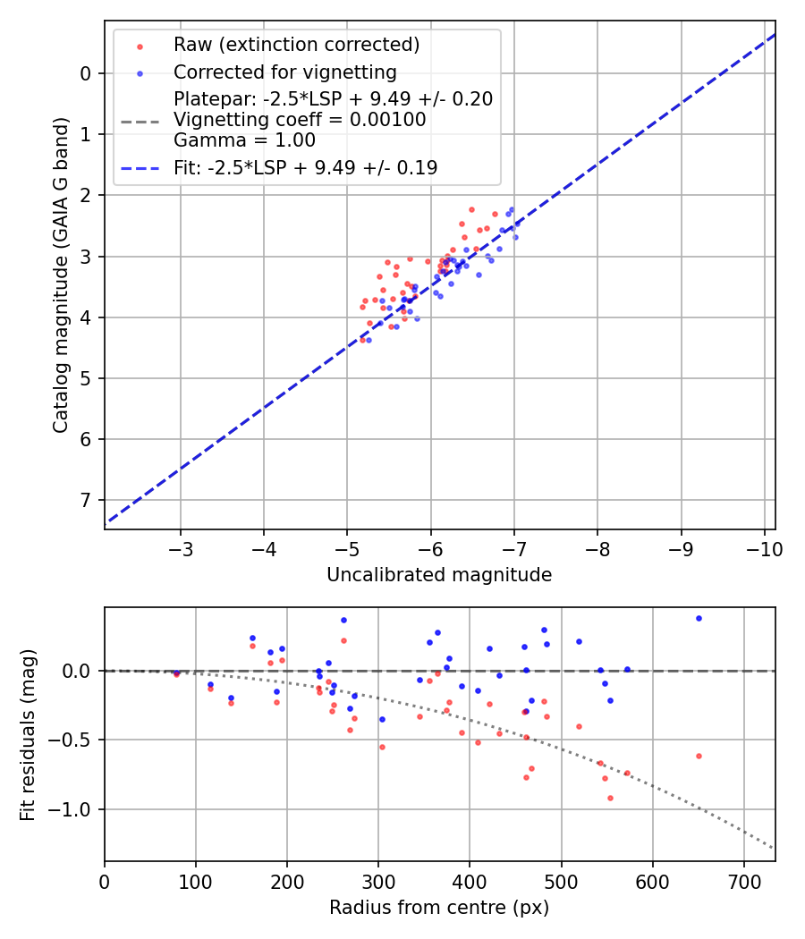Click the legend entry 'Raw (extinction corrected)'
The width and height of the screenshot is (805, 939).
(x=296, y=45)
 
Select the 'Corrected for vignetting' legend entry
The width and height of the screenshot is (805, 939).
(x=284, y=72)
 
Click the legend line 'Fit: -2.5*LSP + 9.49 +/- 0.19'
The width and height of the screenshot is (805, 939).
(x=305, y=167)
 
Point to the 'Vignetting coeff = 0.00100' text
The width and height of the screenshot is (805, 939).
(x=300, y=120)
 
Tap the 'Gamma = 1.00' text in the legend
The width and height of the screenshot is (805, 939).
(x=244, y=140)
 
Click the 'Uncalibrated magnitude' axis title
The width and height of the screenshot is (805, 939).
(x=439, y=575)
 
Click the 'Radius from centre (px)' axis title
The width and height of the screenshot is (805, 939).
(x=439, y=908)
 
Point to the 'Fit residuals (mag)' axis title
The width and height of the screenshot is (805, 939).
(x=28, y=734)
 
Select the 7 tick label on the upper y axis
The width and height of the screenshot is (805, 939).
(x=86, y=500)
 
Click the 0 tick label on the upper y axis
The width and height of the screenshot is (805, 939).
(x=86, y=73)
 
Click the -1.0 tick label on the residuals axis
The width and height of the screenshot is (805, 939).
(x=76, y=809)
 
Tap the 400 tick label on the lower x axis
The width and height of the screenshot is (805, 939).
(x=470, y=882)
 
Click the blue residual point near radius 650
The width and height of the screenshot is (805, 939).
(x=699, y=618)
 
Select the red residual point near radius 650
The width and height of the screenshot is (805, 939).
(x=699, y=756)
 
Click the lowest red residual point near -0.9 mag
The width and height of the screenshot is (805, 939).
(x=610, y=798)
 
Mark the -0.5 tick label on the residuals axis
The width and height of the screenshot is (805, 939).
(x=76, y=740)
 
